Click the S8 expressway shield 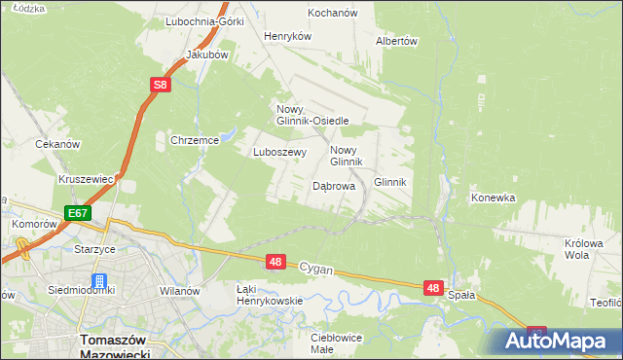(162, 86)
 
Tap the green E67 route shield (79, 213)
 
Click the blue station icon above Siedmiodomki (98, 281)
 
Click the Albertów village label (396, 41)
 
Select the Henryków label (287, 36)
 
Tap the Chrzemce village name (194, 140)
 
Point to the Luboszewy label (280, 152)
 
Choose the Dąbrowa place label (333, 186)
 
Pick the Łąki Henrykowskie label (270, 295)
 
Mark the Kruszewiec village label (87, 180)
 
